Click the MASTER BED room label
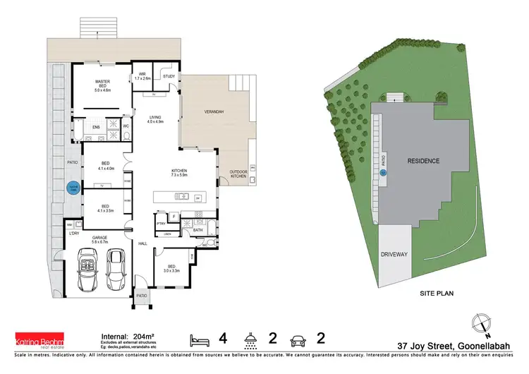click(104, 85)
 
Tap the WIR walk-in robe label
click(142, 76)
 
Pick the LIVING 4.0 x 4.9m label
click(155, 120)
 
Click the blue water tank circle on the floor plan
click(72, 188)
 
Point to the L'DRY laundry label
click(73, 234)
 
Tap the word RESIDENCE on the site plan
click(423, 161)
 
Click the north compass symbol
click(482, 320)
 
